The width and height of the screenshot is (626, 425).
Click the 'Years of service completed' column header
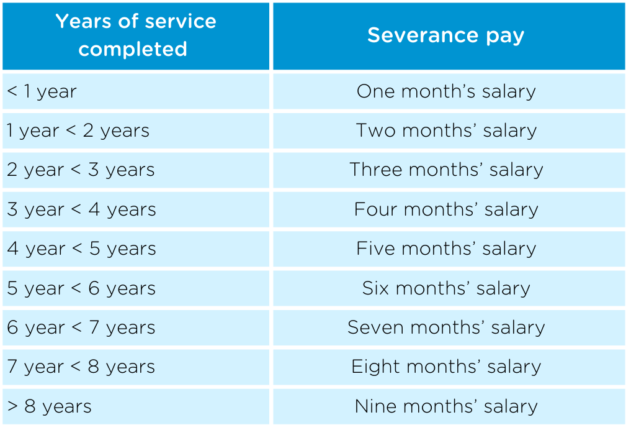pyautogui.click(x=136, y=35)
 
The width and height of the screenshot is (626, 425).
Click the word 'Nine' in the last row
pyautogui.click(x=375, y=406)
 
